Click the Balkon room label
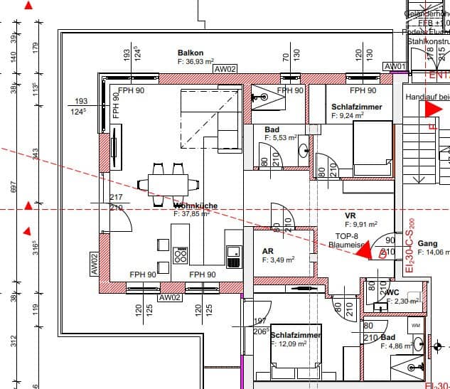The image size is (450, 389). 191,53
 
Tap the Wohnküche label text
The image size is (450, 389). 195,206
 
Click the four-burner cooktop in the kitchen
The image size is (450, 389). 181,255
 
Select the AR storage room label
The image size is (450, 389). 268,252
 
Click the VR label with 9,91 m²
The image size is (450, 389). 350,215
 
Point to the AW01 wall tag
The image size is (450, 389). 395,67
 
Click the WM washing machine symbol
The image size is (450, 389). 416,326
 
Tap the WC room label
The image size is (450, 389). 392,292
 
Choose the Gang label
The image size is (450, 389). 427,243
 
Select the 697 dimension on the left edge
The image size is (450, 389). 12,186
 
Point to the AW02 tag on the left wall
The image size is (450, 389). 93,264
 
